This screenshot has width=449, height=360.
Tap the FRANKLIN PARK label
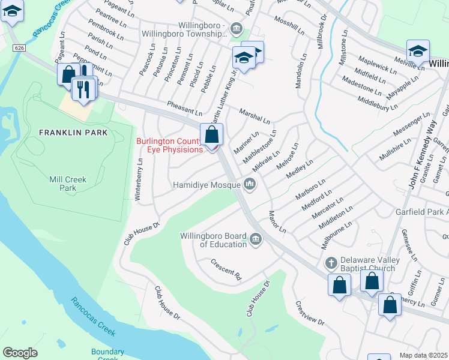(73, 132)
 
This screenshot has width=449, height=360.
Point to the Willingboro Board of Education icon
(256, 240)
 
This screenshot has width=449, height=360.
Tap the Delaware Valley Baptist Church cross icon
(331, 263)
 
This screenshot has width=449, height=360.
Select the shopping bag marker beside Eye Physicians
(211, 135)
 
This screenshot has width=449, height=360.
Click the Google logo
(20, 353)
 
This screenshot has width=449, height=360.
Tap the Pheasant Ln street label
(184, 107)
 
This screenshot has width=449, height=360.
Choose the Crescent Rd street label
(226, 270)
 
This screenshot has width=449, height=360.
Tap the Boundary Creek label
(108, 355)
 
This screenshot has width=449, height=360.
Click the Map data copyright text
(423, 355)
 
